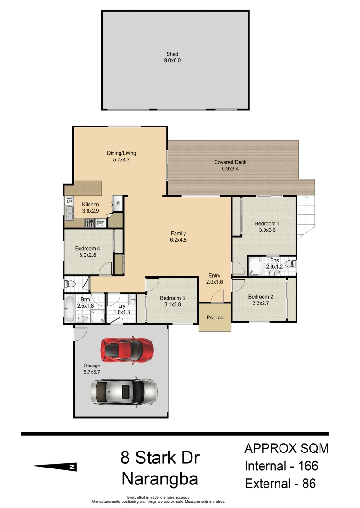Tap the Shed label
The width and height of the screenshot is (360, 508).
[172, 54]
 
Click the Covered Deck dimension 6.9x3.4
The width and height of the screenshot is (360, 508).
[230, 168]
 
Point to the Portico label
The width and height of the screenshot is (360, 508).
[215, 317]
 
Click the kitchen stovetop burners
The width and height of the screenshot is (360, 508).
[89, 222]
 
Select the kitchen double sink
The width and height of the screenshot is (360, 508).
[69, 212]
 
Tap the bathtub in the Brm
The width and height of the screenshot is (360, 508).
[69, 308]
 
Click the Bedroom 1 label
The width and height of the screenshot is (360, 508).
[267, 223]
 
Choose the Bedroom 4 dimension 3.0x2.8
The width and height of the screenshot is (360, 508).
[87, 255]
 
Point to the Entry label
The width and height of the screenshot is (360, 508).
[214, 276]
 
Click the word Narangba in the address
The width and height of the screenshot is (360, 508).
[159, 479]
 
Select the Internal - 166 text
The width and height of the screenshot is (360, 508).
[281, 466]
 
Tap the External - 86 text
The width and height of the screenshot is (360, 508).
[280, 483]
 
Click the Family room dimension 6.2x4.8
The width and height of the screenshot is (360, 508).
[178, 240]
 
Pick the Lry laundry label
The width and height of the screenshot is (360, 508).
[121, 306]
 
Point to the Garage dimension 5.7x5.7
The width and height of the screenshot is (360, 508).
[92, 372]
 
